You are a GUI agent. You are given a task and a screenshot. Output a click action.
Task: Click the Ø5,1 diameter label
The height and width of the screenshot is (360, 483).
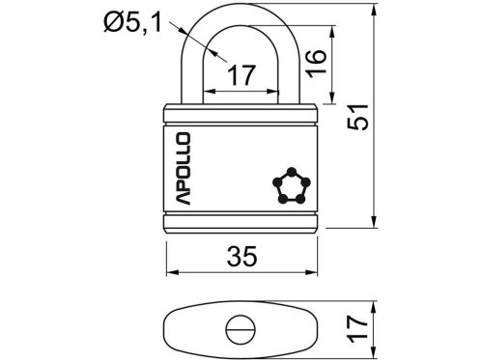(x=132, y=23)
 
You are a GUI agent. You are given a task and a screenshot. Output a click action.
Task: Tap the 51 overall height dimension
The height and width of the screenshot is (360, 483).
(x=358, y=117)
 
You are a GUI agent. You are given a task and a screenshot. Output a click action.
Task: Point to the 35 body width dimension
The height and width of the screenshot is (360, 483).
(x=241, y=257)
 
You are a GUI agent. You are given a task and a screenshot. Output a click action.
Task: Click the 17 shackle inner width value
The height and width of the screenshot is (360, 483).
(x=241, y=75)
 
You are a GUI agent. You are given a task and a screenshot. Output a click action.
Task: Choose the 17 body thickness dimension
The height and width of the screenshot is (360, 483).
(x=357, y=329)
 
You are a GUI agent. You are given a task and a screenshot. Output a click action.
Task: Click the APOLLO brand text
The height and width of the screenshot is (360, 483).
(x=183, y=169)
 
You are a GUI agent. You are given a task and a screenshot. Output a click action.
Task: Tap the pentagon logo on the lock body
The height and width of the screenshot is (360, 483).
(x=292, y=186)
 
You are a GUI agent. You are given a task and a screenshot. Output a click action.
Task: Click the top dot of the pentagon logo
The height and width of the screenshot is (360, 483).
(x=292, y=172)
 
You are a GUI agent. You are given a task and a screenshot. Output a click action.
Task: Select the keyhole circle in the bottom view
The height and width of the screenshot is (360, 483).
(x=241, y=330)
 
